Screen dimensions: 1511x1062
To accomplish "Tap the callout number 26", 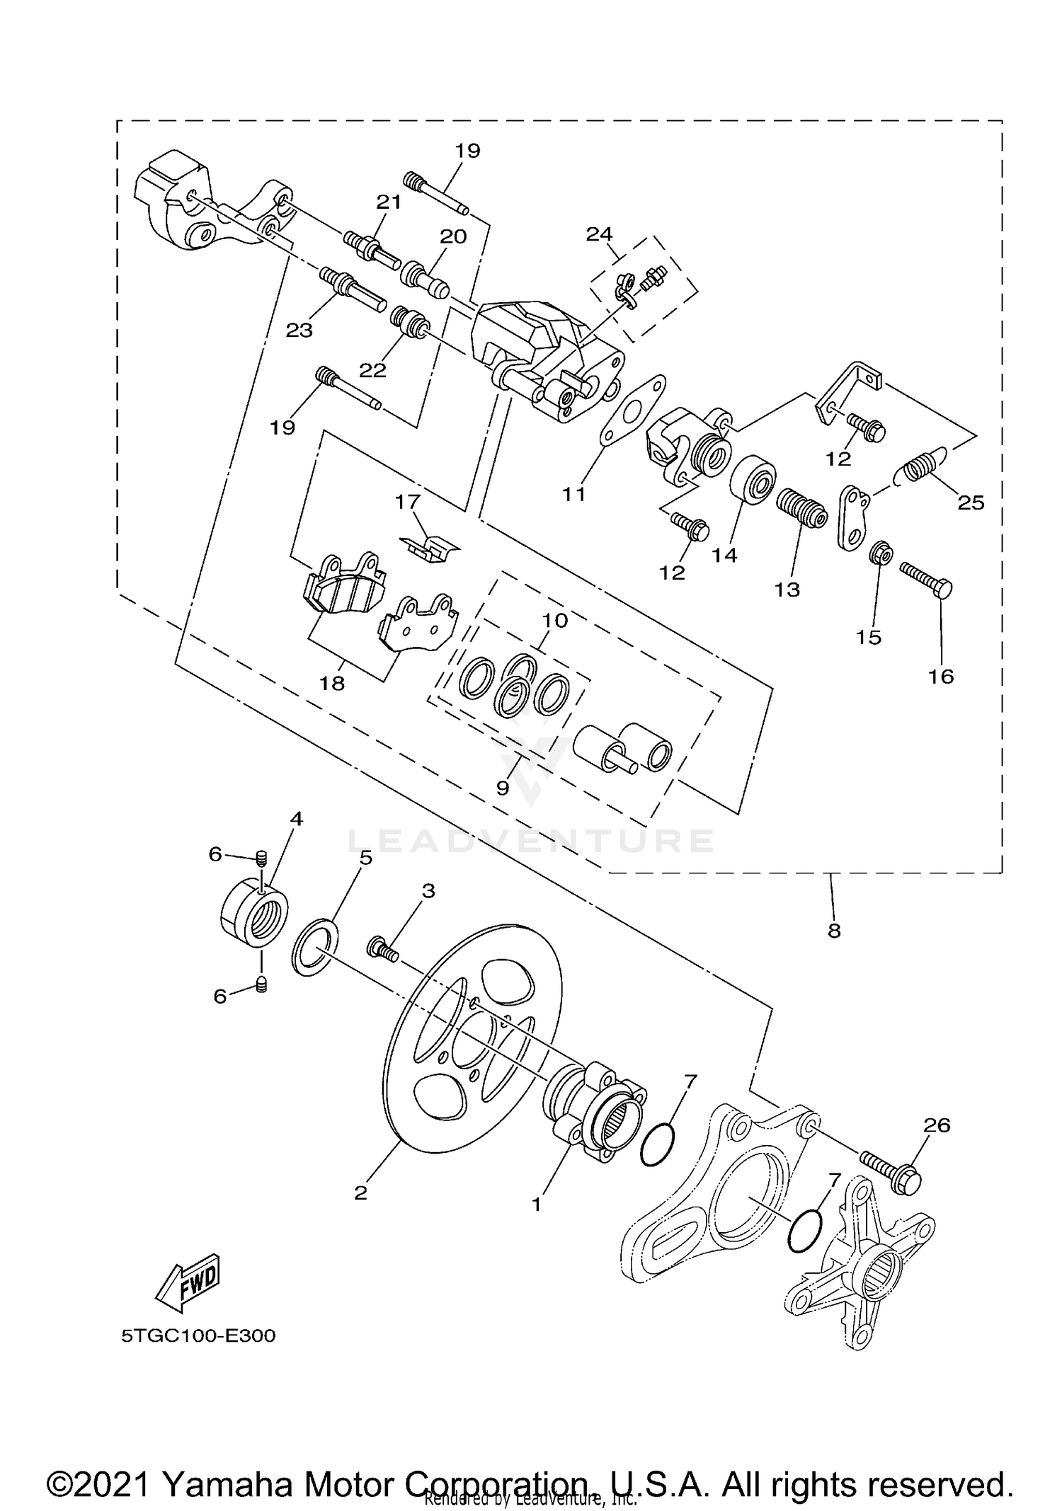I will (937, 1125).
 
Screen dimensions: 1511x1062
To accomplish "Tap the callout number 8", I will (834, 931).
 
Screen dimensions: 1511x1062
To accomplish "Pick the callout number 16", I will (942, 677).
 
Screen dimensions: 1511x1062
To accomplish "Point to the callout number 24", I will (600, 234).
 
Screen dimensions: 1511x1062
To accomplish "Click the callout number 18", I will (332, 683).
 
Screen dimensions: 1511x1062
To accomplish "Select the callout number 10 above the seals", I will (555, 621).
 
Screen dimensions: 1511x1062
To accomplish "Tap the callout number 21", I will (389, 202).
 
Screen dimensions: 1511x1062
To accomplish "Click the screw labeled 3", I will (383, 948).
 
